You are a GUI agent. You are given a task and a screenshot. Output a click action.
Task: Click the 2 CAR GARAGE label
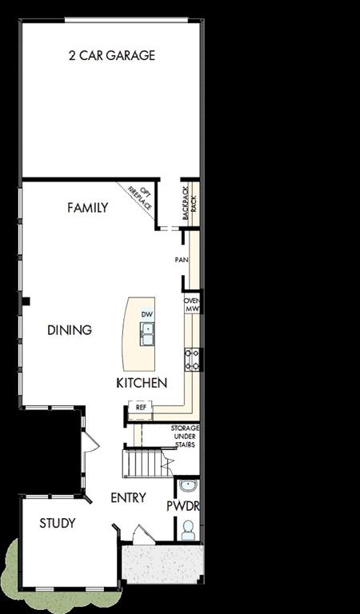click(111, 55)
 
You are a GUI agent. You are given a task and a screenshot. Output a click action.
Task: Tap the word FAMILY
click(88, 208)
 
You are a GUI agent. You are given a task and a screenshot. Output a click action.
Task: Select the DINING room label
click(70, 329)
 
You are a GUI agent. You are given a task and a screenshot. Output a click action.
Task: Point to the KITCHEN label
click(142, 383)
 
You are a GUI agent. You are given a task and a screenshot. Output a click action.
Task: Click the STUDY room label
click(58, 523)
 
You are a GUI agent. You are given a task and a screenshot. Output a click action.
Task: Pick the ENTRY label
click(128, 497)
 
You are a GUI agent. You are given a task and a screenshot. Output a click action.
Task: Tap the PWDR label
click(182, 506)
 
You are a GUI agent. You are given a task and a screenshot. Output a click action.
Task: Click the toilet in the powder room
click(188, 529)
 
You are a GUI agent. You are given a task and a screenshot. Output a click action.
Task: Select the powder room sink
click(187, 486)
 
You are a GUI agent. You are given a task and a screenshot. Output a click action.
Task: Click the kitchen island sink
click(147, 336)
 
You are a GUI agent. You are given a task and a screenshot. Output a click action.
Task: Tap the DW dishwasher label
click(146, 314)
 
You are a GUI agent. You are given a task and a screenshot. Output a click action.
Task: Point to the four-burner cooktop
click(192, 359)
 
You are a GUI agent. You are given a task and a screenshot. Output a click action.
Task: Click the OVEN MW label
click(192, 305)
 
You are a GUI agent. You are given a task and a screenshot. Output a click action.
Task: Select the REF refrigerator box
click(141, 407)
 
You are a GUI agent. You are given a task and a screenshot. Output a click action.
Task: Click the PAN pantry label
click(182, 260)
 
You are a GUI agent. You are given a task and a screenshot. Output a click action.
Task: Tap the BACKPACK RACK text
click(189, 202)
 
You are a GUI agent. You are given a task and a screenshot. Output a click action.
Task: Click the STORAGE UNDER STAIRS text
click(185, 437)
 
